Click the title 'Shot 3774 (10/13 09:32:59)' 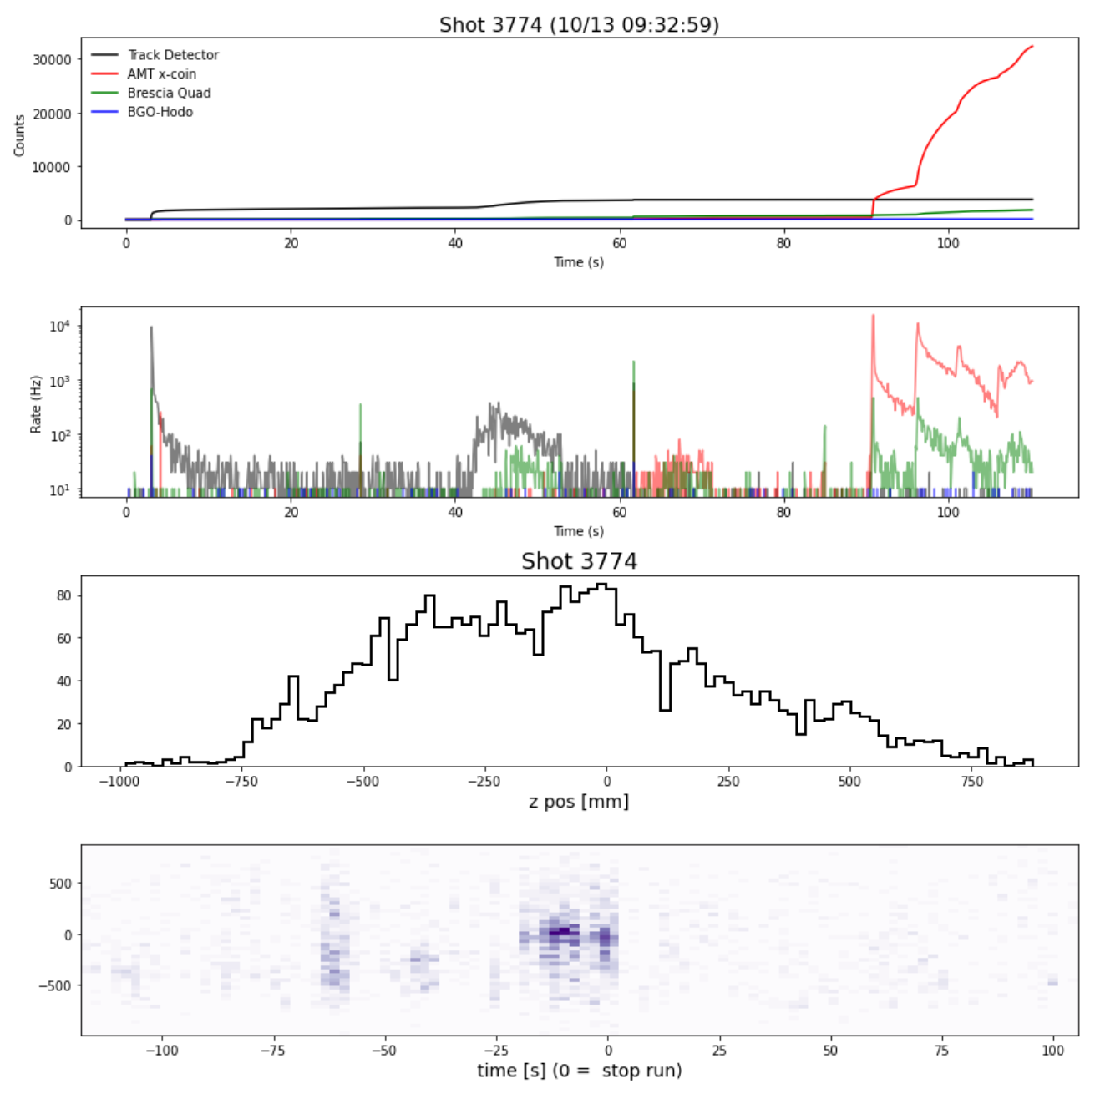579,25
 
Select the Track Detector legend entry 172,55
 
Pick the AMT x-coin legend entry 161,74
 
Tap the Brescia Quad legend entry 169,93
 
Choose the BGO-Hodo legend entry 160,112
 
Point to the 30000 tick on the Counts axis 52,59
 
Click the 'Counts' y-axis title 19,135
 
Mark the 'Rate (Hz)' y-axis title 36,404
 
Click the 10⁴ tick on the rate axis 58,326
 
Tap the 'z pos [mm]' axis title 579,802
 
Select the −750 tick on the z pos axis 241,782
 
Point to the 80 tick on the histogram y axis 63,595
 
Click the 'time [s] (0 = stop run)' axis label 579,1070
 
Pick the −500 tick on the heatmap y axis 56,986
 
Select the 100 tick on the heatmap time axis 1053,1050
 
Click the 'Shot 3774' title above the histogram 579,561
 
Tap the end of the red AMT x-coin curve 1032,47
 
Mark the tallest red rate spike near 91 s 873,316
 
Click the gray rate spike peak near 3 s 151,327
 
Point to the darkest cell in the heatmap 564,930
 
